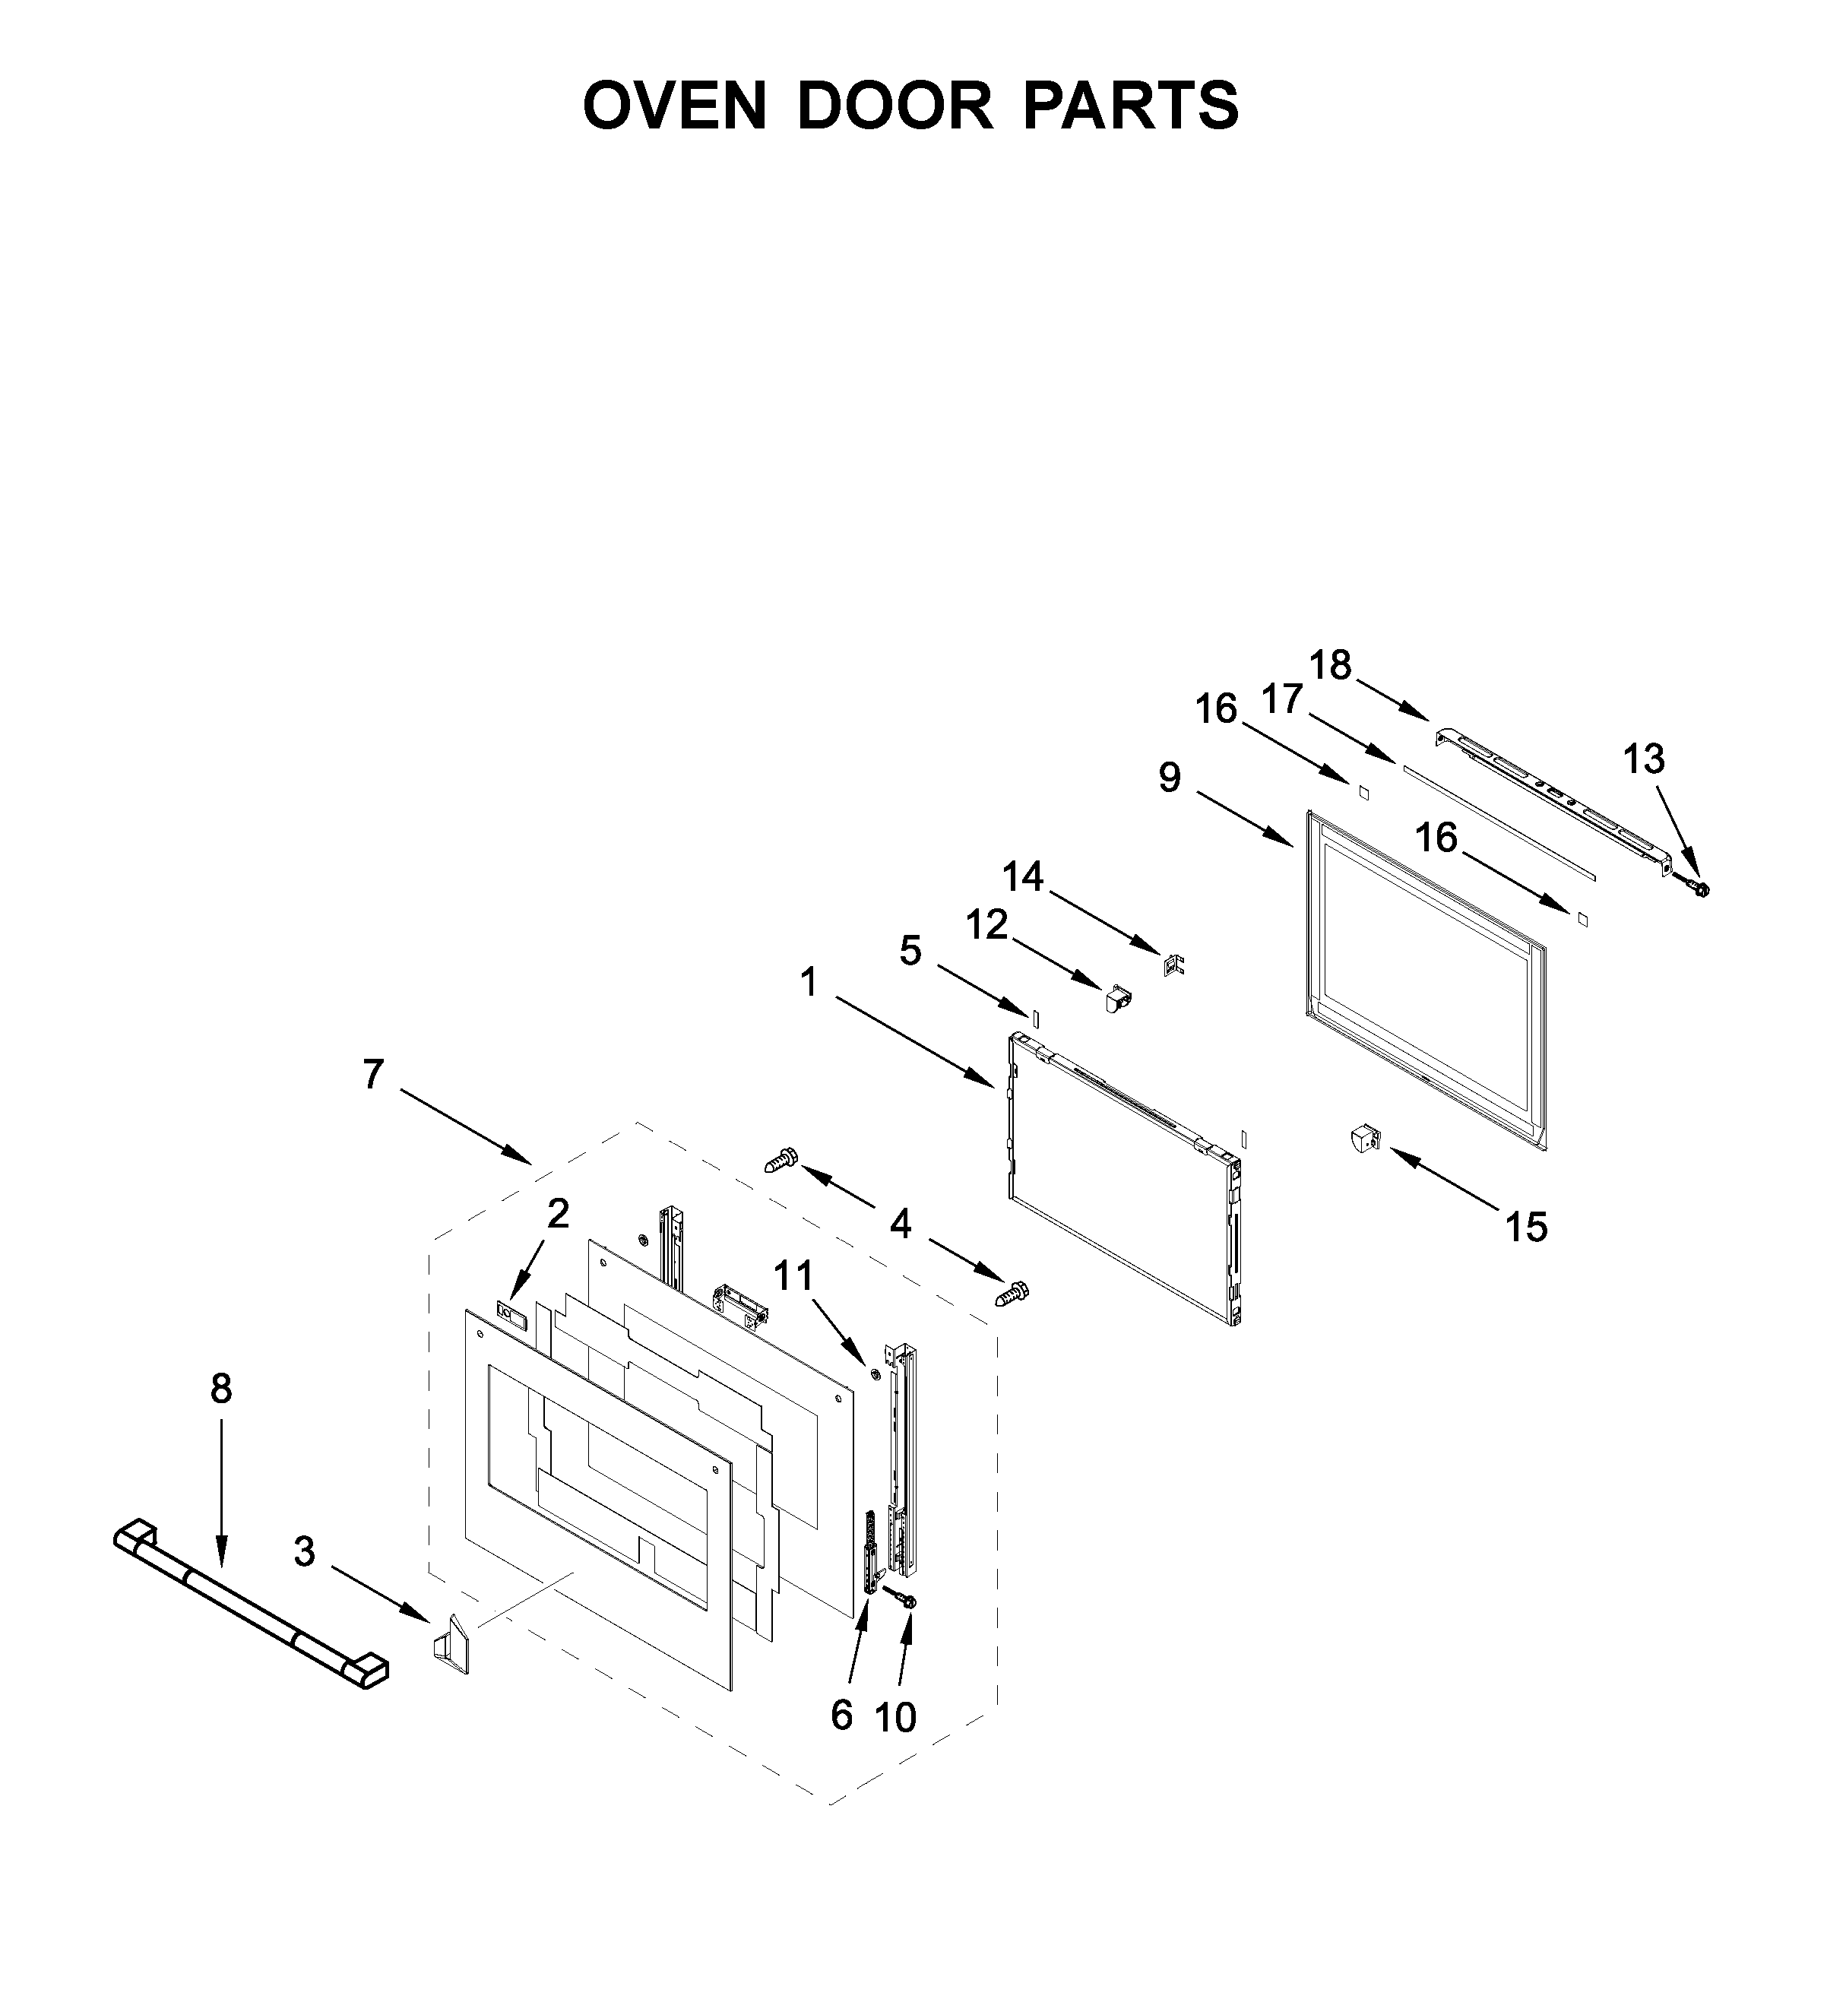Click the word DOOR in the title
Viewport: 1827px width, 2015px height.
pyautogui.click(x=895, y=105)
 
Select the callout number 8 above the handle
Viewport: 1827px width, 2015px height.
pyautogui.click(x=221, y=1389)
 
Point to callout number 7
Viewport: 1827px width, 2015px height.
pyautogui.click(x=373, y=1075)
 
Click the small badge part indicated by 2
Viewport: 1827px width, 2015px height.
pyautogui.click(x=510, y=1313)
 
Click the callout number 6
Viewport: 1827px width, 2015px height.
pyautogui.click(x=841, y=1716)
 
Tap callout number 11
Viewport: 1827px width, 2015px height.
pyautogui.click(x=793, y=1275)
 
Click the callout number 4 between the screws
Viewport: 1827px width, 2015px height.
pyautogui.click(x=901, y=1224)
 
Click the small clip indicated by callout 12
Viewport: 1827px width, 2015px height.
pyautogui.click(x=1116, y=997)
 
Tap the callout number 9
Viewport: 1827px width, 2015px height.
pyautogui.click(x=1170, y=777)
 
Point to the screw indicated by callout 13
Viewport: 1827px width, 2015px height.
pyautogui.click(x=1696, y=886)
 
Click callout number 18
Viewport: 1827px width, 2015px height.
pyautogui.click(x=1330, y=664)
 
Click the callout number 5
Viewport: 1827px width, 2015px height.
pyautogui.click(x=910, y=951)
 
